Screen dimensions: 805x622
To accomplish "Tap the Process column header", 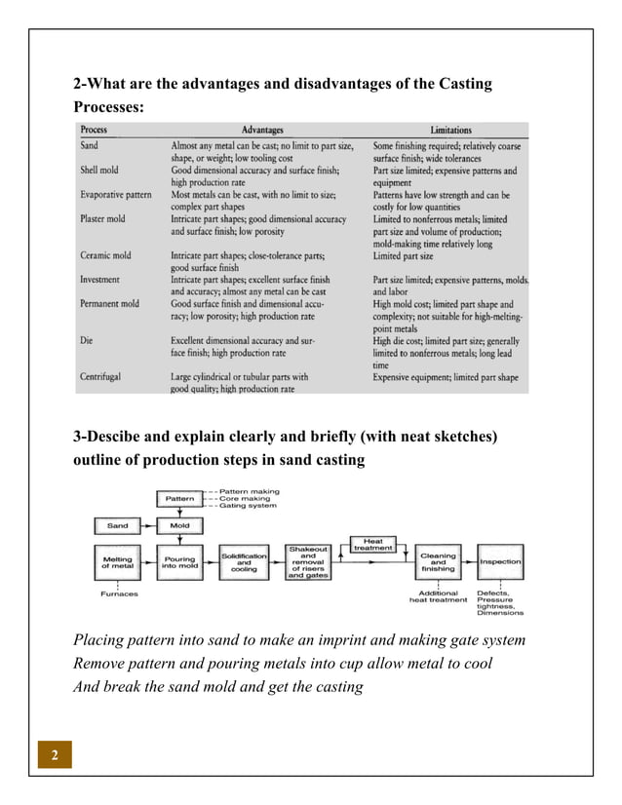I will (95, 130).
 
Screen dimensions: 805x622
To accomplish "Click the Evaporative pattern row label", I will (116, 194).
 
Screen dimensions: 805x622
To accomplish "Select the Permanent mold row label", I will (110, 304).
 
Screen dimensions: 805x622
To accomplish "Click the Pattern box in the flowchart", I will (179, 499).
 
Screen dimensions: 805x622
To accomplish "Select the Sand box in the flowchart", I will (117, 525).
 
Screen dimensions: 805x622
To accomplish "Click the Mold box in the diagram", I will (179, 525).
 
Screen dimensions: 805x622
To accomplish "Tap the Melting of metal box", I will (117, 562).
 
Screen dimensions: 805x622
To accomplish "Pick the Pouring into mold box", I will (179, 562).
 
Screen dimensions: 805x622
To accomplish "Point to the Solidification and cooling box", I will (244, 562).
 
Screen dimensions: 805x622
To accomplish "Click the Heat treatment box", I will (372, 544).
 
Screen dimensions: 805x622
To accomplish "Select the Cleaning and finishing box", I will (438, 562).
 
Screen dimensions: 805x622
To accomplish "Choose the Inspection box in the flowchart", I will (500, 562).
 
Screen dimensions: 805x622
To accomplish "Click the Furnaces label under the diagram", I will (119, 594).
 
